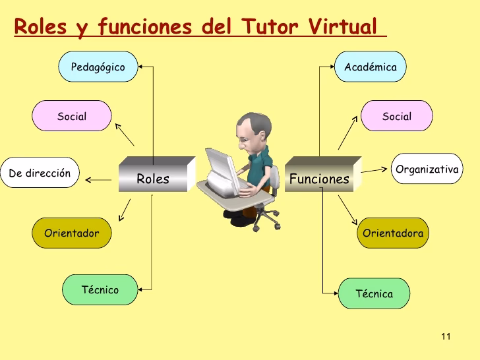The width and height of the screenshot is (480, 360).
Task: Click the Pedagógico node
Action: (98, 67)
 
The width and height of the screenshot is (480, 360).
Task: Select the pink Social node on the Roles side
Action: (72, 117)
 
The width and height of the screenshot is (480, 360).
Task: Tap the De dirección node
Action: (40, 174)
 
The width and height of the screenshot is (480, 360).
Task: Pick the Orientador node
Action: (71, 233)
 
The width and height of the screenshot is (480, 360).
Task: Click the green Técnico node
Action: (100, 289)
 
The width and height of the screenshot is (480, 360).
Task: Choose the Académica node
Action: (371, 67)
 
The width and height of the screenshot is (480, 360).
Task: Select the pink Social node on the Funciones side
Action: (396, 117)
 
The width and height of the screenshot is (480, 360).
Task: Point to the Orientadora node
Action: (393, 233)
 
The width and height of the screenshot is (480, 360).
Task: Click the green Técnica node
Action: (374, 293)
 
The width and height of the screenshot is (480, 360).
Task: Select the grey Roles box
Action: (154, 177)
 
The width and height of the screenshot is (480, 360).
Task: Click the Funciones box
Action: (320, 177)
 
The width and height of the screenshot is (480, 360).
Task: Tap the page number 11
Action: (445, 337)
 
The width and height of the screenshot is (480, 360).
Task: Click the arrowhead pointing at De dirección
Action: (88, 179)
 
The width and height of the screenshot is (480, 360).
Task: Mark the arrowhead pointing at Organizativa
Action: (385, 169)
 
